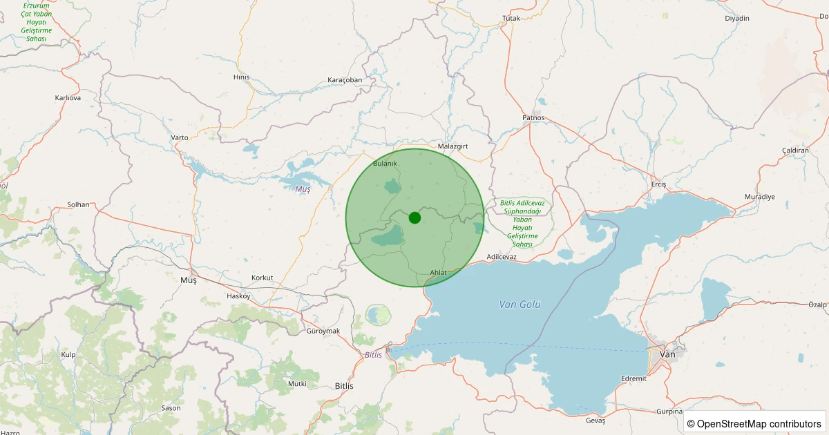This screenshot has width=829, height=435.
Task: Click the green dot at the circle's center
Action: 414,217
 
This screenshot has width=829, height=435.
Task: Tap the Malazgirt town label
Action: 454,146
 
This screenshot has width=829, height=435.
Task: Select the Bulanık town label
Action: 385,163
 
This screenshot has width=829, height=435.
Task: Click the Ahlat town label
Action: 438,273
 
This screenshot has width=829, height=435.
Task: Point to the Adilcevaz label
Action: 502,257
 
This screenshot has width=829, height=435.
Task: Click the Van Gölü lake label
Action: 520,304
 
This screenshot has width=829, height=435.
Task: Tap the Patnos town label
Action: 533,117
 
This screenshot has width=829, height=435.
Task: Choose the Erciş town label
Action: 658,184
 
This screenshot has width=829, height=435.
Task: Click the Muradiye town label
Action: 760,197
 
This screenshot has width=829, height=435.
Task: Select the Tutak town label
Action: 511,18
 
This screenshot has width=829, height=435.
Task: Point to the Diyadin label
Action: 737,18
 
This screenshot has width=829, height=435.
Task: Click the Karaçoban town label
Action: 345,80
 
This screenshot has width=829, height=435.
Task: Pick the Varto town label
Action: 180,137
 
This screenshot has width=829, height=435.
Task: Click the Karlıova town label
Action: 68,98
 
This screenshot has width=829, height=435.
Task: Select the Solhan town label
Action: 78,205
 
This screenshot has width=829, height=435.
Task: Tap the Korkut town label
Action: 263,278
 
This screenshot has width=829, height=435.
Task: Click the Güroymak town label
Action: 323,331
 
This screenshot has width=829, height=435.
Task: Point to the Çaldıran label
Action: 795,151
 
